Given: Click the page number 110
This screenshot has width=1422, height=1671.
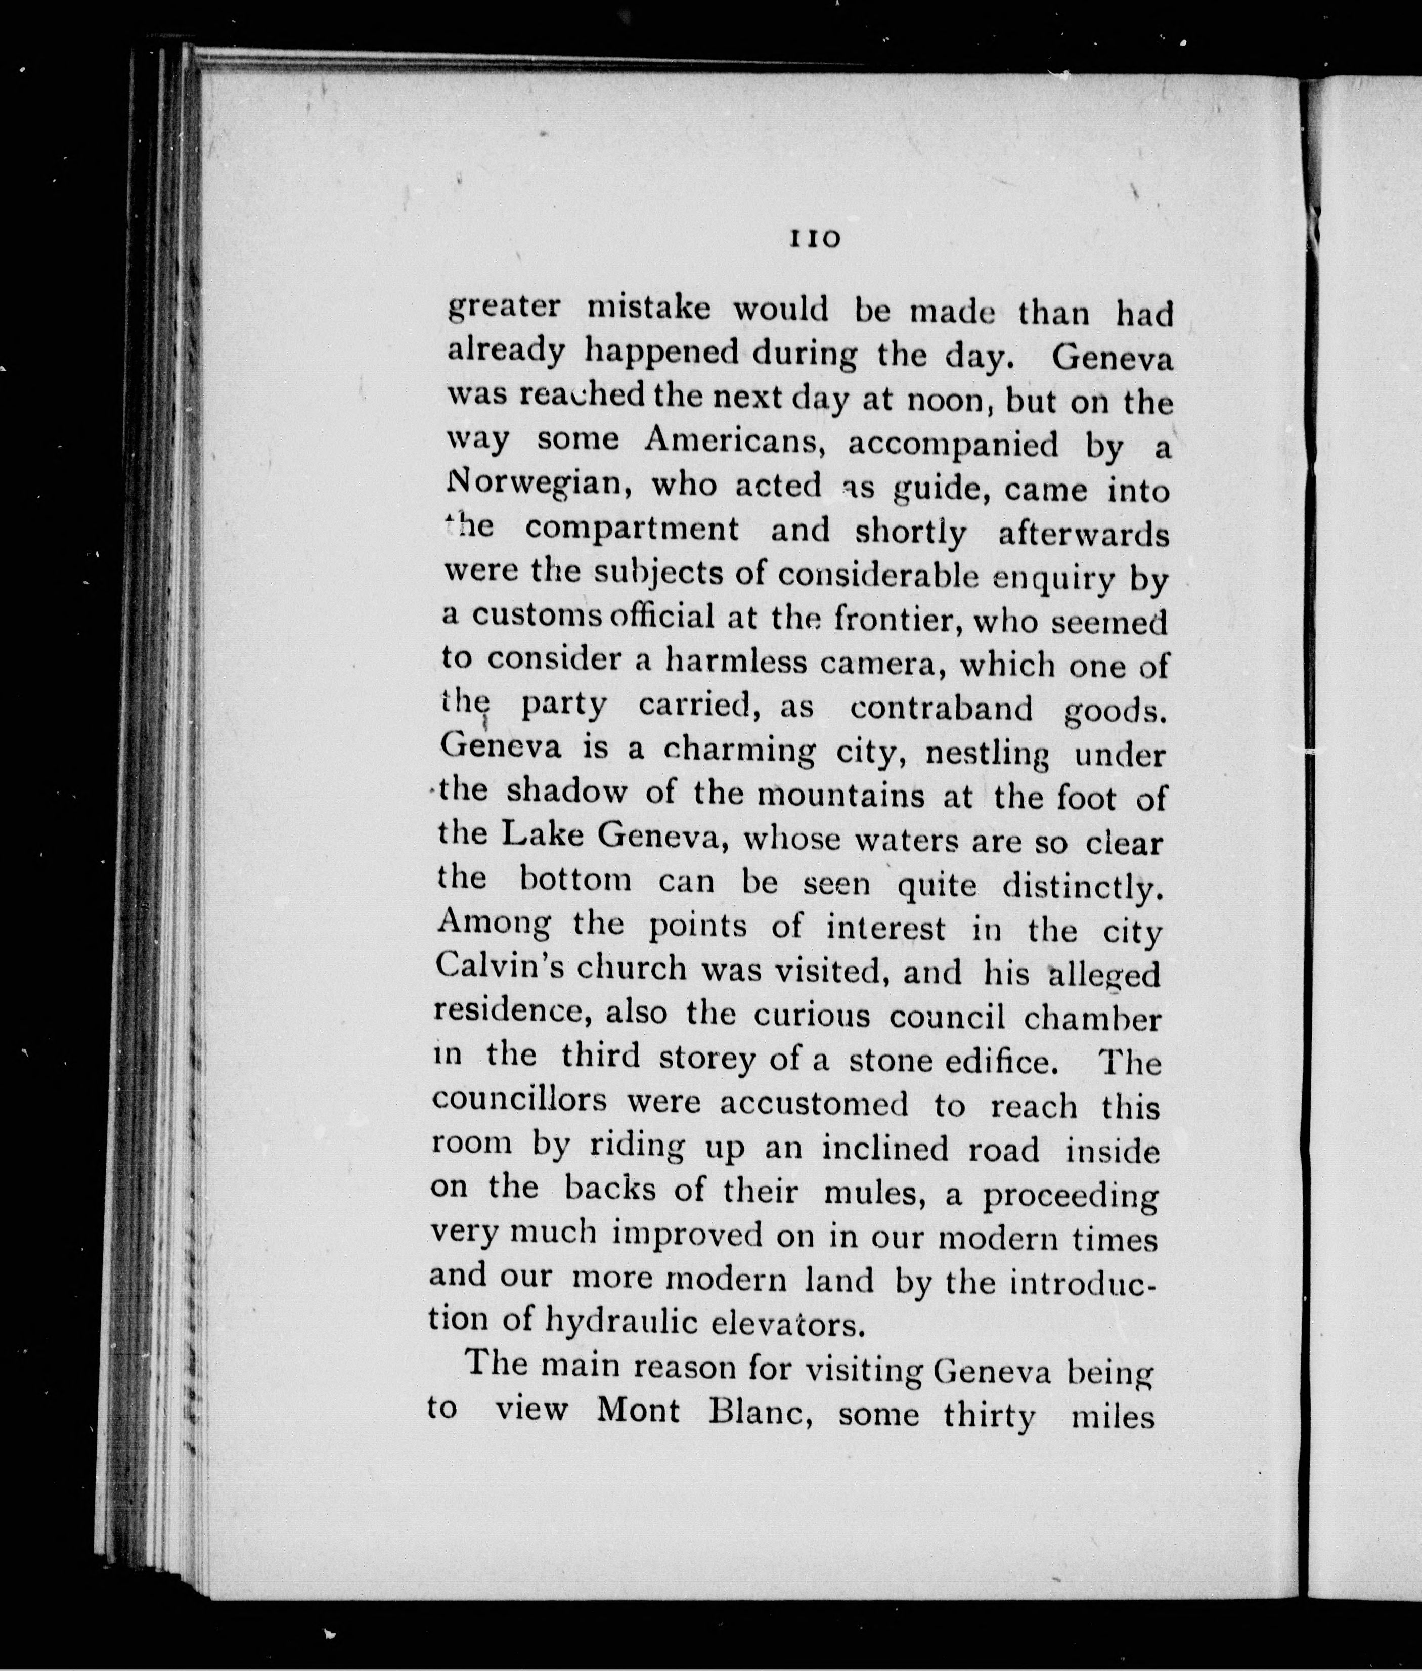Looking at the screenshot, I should pos(815,239).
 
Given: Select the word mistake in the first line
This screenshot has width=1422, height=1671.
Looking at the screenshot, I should pos(648,309).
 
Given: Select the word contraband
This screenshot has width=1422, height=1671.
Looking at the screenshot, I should pos(941,708).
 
